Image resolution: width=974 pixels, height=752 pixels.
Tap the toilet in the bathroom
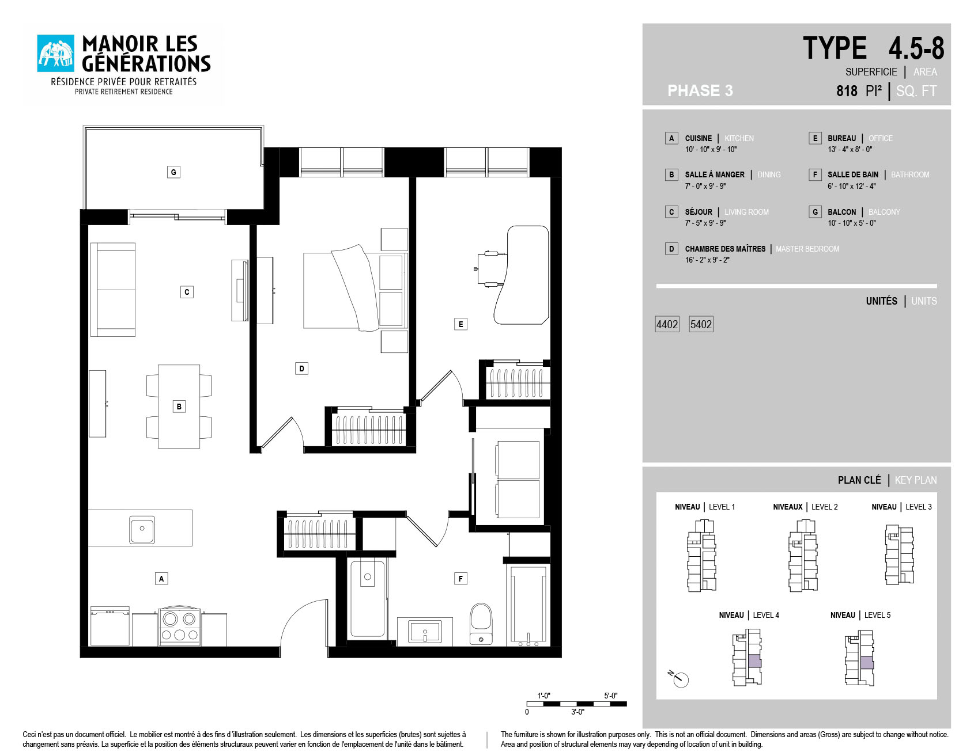pyautogui.click(x=481, y=624)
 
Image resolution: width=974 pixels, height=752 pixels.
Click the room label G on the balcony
pyautogui.click(x=173, y=172)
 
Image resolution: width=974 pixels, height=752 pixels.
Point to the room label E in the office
pyautogui.click(x=460, y=324)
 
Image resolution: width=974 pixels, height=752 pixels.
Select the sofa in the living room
pyautogui.click(x=113, y=290)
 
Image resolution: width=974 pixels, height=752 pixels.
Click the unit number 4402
pyautogui.click(x=667, y=324)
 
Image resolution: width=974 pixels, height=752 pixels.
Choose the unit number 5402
pyautogui.click(x=701, y=324)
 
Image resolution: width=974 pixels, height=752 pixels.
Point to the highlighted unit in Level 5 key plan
pyautogui.click(x=867, y=662)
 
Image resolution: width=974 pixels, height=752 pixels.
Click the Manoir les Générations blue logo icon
pyautogui.click(x=56, y=54)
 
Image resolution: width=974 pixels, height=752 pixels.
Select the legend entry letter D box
pyautogui.click(x=671, y=249)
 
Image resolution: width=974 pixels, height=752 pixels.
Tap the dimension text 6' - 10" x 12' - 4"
pyautogui.click(x=851, y=186)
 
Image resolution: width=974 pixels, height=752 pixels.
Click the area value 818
pyautogui.click(x=847, y=91)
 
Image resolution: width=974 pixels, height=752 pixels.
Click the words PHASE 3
pyautogui.click(x=700, y=90)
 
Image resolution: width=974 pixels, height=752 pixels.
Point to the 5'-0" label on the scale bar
pyautogui.click(x=610, y=696)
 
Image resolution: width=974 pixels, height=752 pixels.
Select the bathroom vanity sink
pyautogui.click(x=425, y=632)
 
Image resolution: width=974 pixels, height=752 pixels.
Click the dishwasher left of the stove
pyautogui.click(x=110, y=626)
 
